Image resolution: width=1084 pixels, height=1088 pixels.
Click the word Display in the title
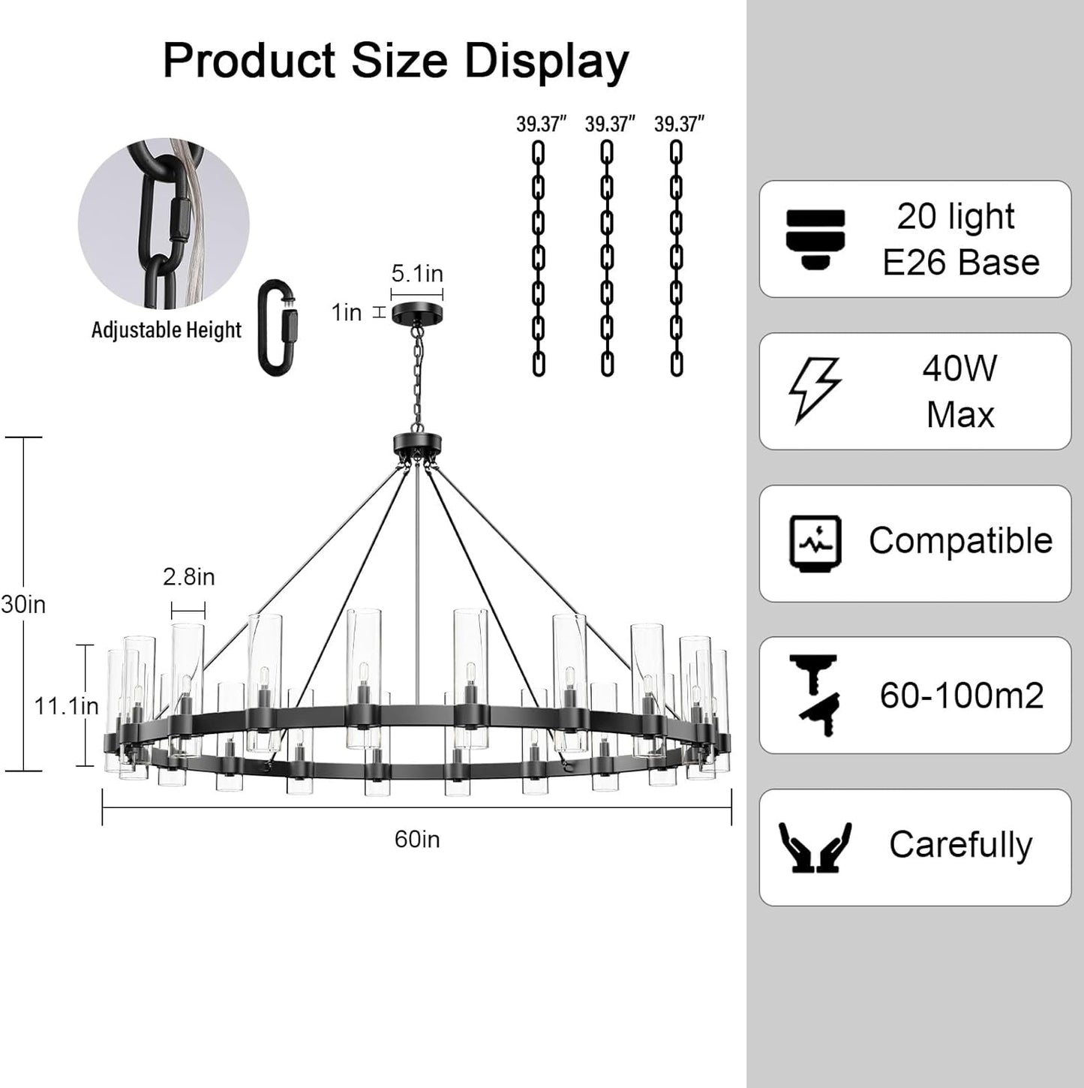(x=546, y=62)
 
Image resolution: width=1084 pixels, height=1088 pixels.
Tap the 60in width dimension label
(x=417, y=839)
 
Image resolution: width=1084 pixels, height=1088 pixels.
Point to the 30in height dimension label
(x=23, y=604)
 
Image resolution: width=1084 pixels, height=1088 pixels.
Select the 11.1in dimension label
(x=66, y=705)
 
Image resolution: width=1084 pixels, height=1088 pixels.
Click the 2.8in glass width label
(x=188, y=577)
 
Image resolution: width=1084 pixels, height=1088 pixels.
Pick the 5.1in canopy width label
(x=417, y=274)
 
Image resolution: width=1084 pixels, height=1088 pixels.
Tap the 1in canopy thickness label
(x=347, y=312)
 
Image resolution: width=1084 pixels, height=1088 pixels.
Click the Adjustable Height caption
(x=166, y=330)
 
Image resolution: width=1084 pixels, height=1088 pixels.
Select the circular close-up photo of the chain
(x=164, y=223)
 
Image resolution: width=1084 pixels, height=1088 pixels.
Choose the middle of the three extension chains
(x=607, y=258)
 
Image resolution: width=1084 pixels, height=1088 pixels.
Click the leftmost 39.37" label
(x=541, y=125)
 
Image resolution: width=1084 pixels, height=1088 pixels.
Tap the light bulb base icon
(x=815, y=239)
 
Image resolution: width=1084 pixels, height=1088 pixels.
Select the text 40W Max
(x=960, y=391)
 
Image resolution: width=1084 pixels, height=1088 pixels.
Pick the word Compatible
(x=960, y=540)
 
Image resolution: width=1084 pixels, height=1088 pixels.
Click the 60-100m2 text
(x=961, y=696)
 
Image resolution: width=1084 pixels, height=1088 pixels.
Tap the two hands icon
(x=815, y=846)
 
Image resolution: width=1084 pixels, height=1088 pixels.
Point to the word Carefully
(x=960, y=845)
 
